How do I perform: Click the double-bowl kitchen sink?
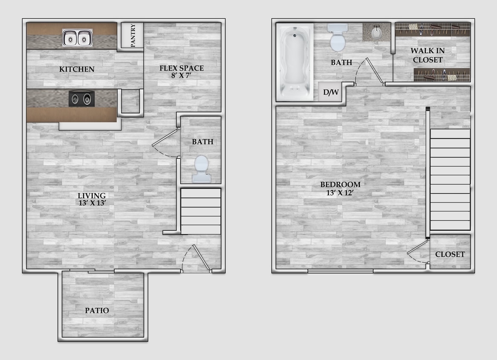(77, 38)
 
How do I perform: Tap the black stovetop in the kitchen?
(81, 99)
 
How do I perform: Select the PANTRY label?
(133, 36)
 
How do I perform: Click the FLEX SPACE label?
(182, 68)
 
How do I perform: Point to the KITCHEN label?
(77, 69)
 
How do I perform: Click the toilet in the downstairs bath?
(201, 168)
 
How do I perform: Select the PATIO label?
(97, 311)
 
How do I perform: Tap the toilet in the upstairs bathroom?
(337, 38)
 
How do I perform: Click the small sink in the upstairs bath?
(376, 32)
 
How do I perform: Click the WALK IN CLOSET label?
(428, 55)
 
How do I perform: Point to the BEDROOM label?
(340, 185)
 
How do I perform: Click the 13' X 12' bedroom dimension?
(340, 192)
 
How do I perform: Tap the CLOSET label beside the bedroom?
(450, 254)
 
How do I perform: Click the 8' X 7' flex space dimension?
(182, 76)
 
